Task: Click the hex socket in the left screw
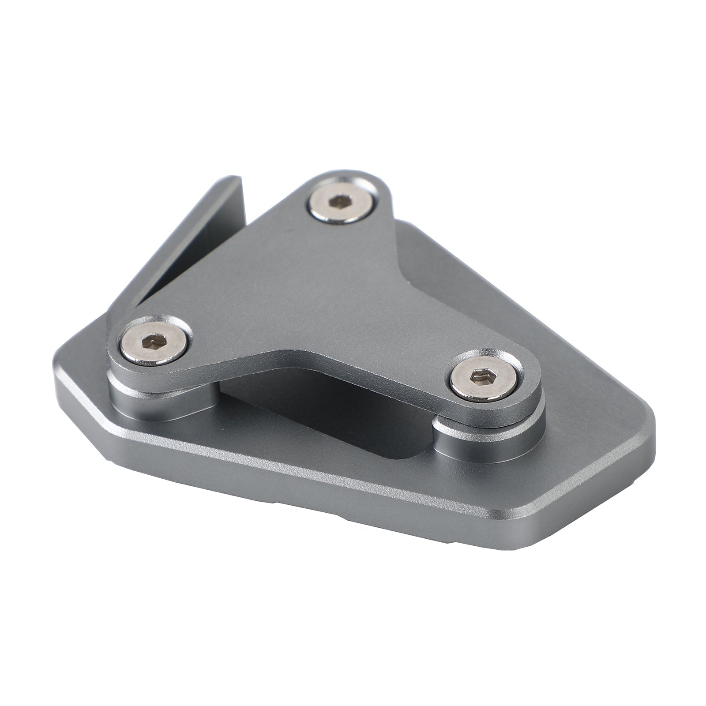[152, 340]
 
